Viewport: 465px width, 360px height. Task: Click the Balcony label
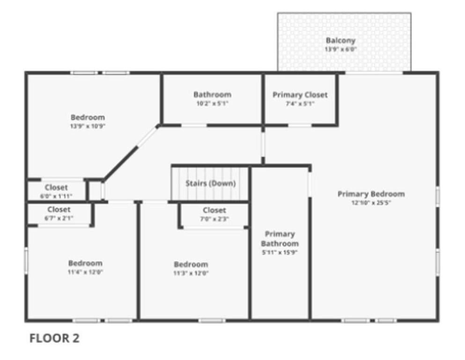pyautogui.click(x=340, y=40)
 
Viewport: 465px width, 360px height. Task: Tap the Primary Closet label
pyautogui.click(x=300, y=95)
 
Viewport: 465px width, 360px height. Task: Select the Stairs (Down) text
pyautogui.click(x=210, y=183)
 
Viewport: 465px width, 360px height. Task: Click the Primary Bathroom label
pyautogui.click(x=280, y=239)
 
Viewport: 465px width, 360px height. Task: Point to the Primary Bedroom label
pyautogui.click(x=371, y=194)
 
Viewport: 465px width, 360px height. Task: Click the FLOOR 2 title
pyautogui.click(x=54, y=338)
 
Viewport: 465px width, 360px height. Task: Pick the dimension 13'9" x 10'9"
pyautogui.click(x=88, y=126)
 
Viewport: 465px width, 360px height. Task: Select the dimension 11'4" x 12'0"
pyautogui.click(x=85, y=272)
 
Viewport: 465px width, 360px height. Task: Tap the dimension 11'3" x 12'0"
pyautogui.click(x=191, y=273)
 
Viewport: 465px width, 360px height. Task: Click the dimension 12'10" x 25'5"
pyautogui.click(x=371, y=203)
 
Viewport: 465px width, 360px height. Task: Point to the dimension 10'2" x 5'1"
pyautogui.click(x=212, y=104)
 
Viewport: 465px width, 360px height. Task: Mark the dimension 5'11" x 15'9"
pyautogui.click(x=280, y=253)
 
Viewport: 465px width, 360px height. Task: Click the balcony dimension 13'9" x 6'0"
pyautogui.click(x=340, y=49)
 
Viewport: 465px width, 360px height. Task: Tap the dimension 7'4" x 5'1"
pyautogui.click(x=300, y=104)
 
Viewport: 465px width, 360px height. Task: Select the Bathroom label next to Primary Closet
pyautogui.click(x=212, y=95)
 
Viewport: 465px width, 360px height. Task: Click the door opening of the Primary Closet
pyautogui.click(x=300, y=125)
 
